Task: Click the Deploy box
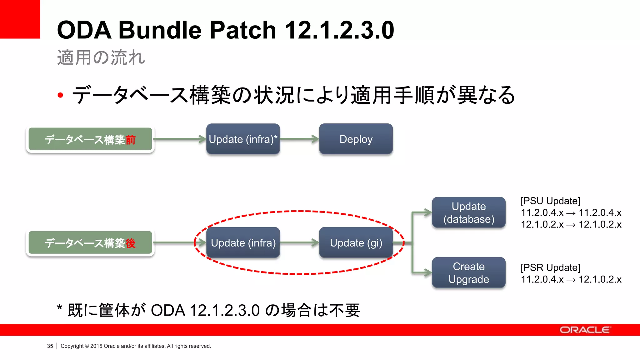point(356,139)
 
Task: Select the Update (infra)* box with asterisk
point(243,139)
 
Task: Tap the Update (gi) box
point(356,243)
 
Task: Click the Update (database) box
point(468,212)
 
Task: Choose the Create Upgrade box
point(468,272)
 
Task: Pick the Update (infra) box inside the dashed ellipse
point(243,243)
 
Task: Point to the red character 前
point(130,140)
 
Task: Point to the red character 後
point(130,243)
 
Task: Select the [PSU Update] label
point(550,201)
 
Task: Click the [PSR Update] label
point(550,267)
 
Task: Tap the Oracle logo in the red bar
point(585,330)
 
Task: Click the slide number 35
point(50,346)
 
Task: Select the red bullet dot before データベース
point(60,95)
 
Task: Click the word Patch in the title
point(242,30)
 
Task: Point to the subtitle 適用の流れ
point(101,57)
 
